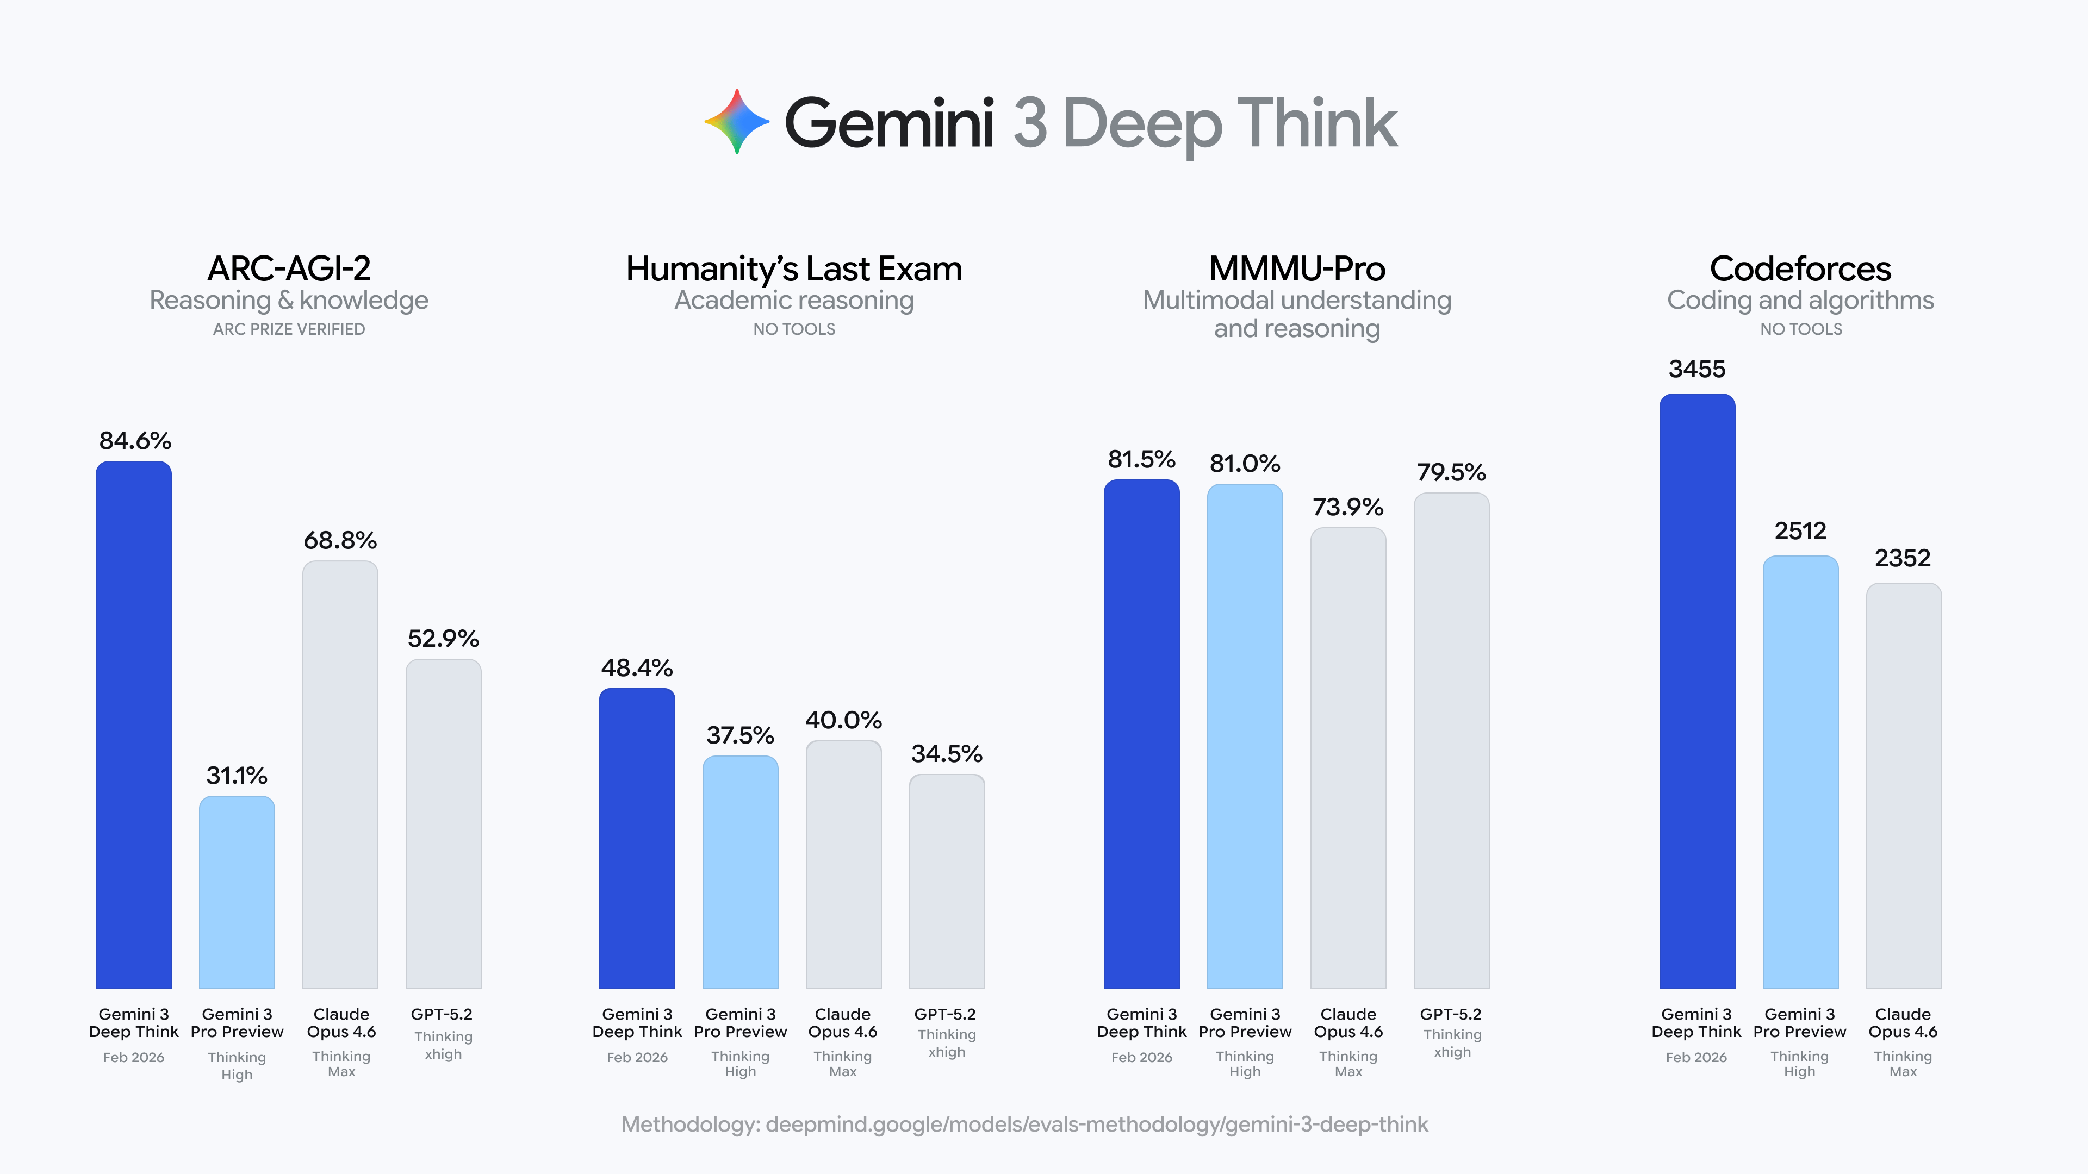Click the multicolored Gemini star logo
(736, 122)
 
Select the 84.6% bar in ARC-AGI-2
(134, 725)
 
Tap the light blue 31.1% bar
(237, 892)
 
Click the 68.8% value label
(340, 540)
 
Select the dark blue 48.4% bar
(637, 839)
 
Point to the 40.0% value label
(843, 720)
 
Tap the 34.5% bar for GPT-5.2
(947, 882)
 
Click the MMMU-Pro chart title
(1297, 269)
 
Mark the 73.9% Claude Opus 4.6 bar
(1348, 758)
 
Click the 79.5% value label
(1451, 472)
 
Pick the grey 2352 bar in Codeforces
(1903, 786)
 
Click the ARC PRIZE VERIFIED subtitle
(289, 329)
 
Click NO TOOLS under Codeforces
(1800, 329)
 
